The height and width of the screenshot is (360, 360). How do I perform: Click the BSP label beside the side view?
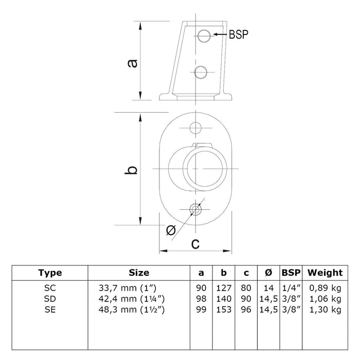[x=239, y=34]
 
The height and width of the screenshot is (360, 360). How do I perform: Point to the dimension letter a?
[x=133, y=63]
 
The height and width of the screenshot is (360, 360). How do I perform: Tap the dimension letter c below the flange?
[x=195, y=244]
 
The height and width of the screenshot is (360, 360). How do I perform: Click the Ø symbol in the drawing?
[x=171, y=230]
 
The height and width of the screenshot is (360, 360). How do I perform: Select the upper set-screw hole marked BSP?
[x=204, y=36]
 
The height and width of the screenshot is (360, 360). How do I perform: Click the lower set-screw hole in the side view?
[x=201, y=72]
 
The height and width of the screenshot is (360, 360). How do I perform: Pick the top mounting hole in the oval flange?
[x=195, y=128]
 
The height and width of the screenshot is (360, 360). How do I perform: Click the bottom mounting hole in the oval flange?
[x=195, y=209]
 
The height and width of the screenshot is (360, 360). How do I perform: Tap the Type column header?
[x=50, y=273]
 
